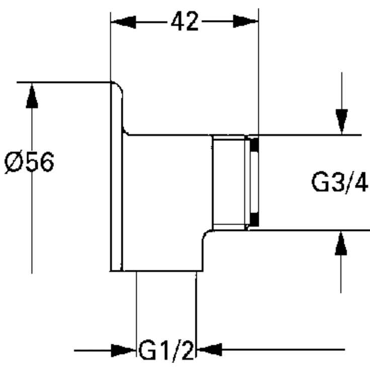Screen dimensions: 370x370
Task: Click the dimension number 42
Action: pyautogui.click(x=185, y=22)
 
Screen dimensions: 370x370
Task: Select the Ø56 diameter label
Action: pyautogui.click(x=29, y=162)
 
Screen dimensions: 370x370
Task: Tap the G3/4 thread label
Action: pyautogui.click(x=339, y=182)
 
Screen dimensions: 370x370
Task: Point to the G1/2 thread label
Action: pyautogui.click(x=166, y=350)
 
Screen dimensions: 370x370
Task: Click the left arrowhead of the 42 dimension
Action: pyautogui.click(x=123, y=22)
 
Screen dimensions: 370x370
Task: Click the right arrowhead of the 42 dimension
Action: pyautogui.click(x=246, y=21)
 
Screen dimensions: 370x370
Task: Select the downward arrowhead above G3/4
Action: pyautogui.click(x=342, y=121)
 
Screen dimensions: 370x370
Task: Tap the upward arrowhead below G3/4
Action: pyautogui.click(x=341, y=243)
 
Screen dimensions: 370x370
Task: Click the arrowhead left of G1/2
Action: pyautogui.click(x=123, y=350)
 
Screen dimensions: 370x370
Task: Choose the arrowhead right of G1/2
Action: pyautogui.click(x=209, y=349)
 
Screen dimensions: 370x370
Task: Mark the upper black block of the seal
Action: pyautogui.click(x=254, y=145)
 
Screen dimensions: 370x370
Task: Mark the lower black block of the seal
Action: pyautogui.click(x=254, y=219)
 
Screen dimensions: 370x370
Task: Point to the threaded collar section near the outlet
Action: pyautogui.click(x=229, y=183)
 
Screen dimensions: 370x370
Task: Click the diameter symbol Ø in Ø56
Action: pyautogui.click(x=14, y=162)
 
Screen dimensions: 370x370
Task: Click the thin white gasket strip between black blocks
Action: pyautogui.click(x=254, y=182)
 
